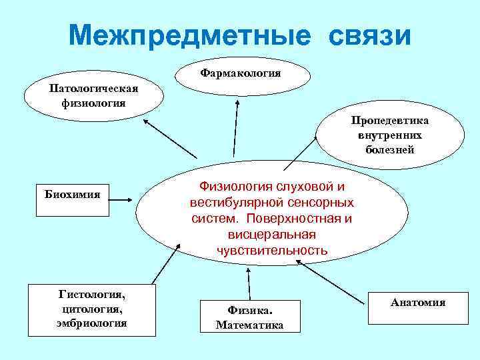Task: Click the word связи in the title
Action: click(369, 35)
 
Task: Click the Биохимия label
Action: click(72, 195)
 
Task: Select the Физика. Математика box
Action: click(250, 317)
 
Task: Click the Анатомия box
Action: click(418, 303)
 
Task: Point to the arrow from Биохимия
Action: click(123, 197)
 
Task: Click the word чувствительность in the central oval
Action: click(271, 251)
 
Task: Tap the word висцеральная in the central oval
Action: click(271, 235)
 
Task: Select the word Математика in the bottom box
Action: click(249, 325)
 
